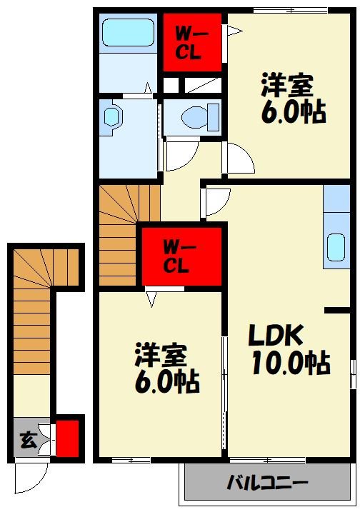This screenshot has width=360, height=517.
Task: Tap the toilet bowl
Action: point(196,115)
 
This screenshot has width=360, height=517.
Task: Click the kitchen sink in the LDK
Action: point(336,247)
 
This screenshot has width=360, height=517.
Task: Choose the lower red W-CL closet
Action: point(180,257)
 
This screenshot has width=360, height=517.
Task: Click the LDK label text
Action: point(276,335)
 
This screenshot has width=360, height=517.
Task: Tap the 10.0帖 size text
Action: point(290,363)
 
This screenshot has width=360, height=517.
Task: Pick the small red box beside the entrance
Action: point(67,438)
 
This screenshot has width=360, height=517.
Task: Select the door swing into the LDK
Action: point(216,202)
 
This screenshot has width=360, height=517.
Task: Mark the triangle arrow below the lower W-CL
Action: point(152,298)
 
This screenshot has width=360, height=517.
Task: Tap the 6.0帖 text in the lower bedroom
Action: point(167,383)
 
